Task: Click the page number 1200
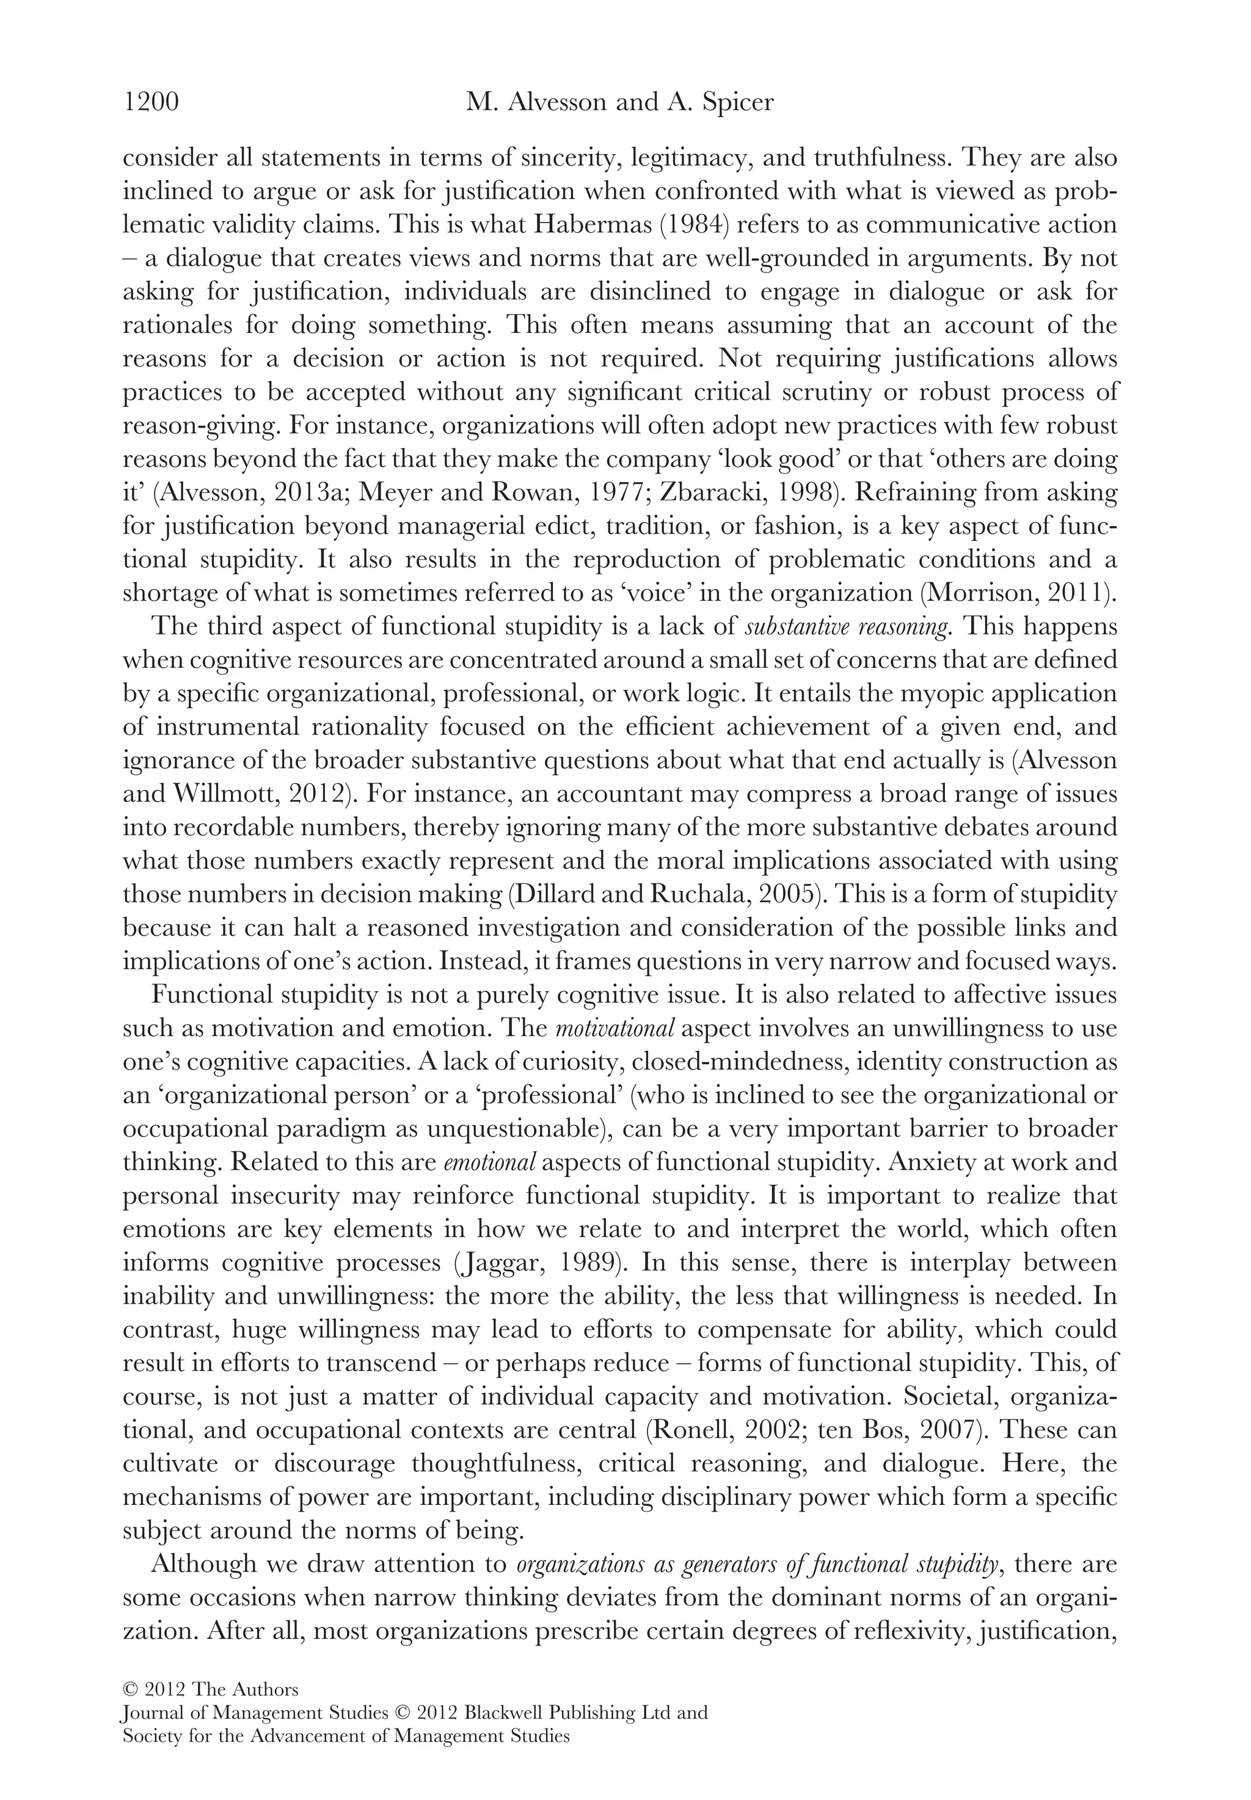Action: pyautogui.click(x=151, y=103)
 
